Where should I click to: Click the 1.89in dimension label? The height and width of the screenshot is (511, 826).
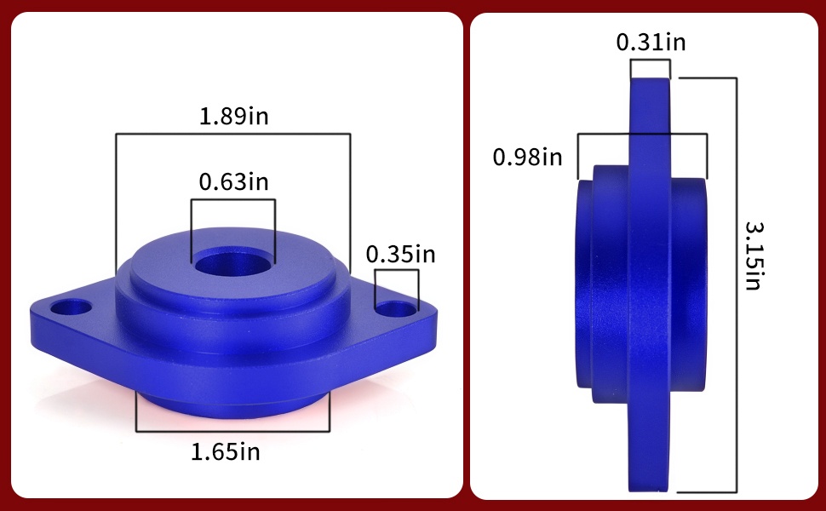point(234,116)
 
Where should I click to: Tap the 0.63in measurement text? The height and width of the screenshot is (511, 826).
point(234,181)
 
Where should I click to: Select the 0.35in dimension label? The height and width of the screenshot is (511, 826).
point(401,255)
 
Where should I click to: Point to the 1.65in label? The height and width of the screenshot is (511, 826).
point(226,452)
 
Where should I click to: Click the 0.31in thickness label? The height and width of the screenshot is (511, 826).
point(651,42)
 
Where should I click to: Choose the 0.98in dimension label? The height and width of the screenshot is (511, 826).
point(528,157)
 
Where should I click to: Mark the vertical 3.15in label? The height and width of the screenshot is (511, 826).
point(754,255)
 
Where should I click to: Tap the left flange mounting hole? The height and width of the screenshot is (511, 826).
point(71,307)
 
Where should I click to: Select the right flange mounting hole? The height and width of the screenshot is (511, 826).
point(396,309)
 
